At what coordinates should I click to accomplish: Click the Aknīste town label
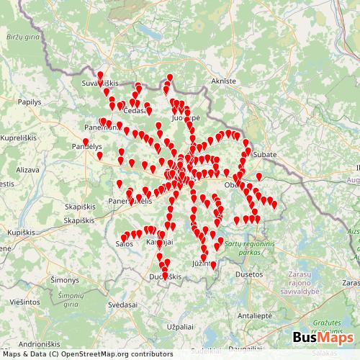pyautogui.click(x=223, y=81)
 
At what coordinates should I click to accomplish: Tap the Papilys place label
pyautogui.click(x=30, y=102)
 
